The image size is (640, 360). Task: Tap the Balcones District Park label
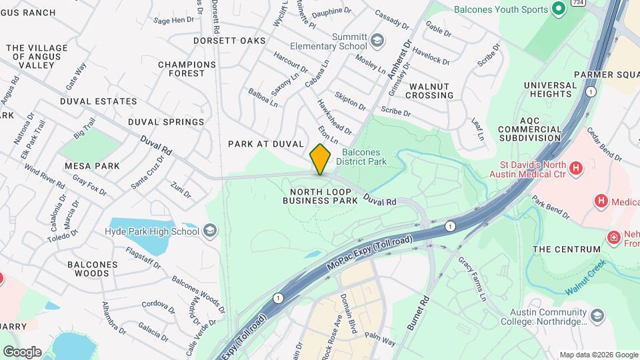361,157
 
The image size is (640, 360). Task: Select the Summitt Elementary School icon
377,41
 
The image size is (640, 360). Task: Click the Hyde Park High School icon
209,231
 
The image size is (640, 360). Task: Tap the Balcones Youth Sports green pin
559,9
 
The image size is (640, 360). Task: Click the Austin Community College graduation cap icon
597,315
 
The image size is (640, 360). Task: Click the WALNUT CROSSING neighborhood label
431,91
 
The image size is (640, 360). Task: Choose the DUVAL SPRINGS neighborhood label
166,122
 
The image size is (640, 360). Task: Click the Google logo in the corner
22,352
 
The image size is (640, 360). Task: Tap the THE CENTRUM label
567,249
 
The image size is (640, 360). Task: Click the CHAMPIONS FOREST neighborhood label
187,69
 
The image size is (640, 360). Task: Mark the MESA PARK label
92,166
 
